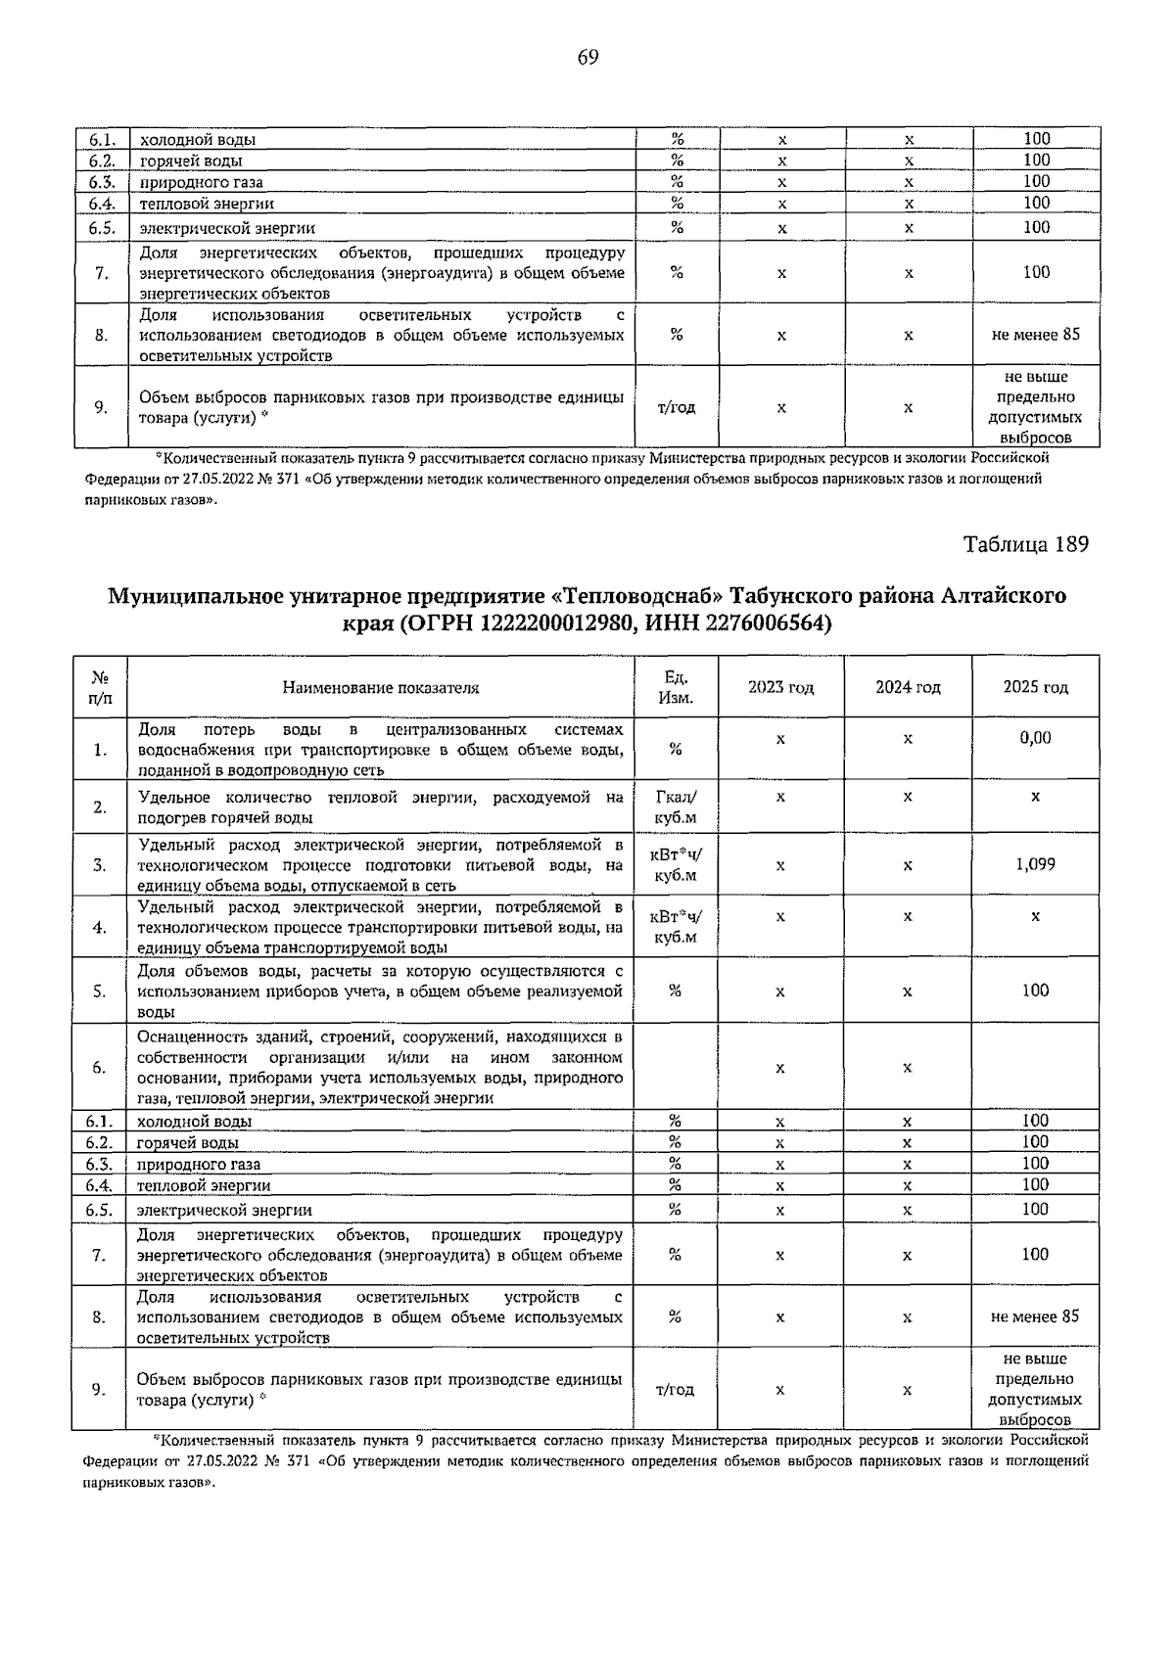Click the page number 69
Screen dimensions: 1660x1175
(x=587, y=57)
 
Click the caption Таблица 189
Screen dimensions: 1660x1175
(x=1025, y=544)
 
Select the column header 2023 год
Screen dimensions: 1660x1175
(x=780, y=687)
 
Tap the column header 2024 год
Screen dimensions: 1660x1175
(x=908, y=687)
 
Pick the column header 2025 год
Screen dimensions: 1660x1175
(x=1035, y=687)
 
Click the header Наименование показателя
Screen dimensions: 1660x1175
(x=381, y=687)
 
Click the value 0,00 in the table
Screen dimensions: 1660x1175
(x=1035, y=738)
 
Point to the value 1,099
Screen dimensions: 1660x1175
(x=1035, y=865)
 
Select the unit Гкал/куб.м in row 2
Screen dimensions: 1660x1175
(x=676, y=807)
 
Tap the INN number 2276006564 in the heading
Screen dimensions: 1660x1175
(x=750, y=623)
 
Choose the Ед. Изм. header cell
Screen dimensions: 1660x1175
(x=676, y=687)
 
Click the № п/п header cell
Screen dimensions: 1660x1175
(x=100, y=687)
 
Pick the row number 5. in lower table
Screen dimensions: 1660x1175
(x=100, y=991)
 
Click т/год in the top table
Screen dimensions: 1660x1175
(x=676, y=407)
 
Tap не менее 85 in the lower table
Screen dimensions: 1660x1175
(x=1035, y=1316)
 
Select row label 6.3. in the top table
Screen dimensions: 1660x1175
(x=102, y=182)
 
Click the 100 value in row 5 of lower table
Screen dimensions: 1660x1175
(x=1035, y=991)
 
